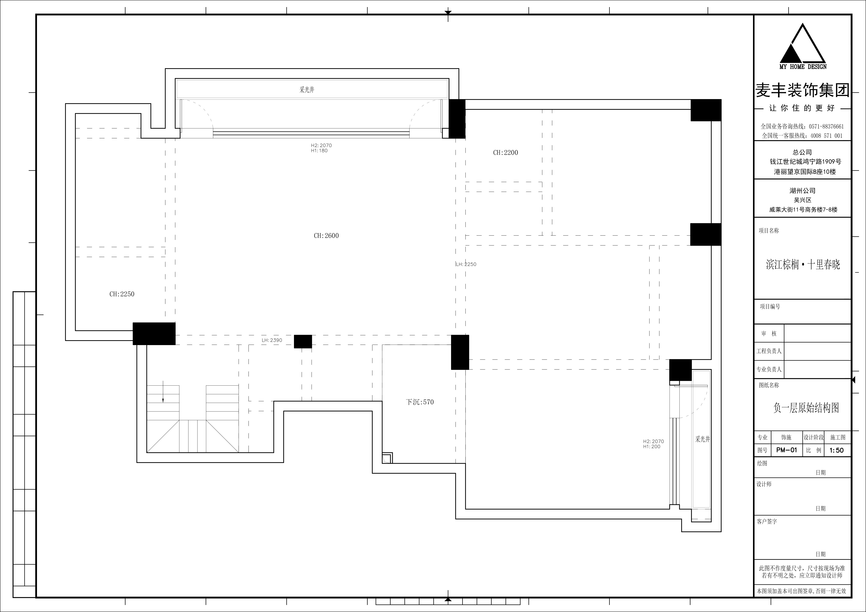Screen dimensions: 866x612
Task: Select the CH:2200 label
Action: pos(505,153)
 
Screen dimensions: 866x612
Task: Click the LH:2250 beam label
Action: pos(466,264)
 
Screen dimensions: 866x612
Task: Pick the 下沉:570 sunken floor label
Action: pos(420,402)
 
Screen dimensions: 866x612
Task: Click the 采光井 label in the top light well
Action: pos(307,90)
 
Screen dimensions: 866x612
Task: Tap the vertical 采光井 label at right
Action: pos(703,439)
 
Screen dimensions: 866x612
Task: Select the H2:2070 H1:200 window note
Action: pos(653,444)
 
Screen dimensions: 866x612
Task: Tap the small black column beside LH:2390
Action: pos(303,341)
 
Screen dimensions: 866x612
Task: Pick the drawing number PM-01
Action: pos(787,450)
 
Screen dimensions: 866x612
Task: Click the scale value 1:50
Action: pos(836,450)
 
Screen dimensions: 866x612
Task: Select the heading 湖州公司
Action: pos(803,191)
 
